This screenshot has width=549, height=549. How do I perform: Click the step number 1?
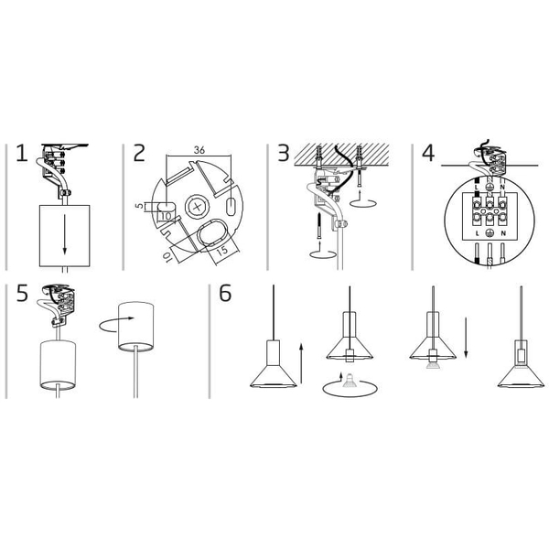pyautogui.click(x=22, y=153)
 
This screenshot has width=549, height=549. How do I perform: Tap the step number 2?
pyautogui.click(x=139, y=153)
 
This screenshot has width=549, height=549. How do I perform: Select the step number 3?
pyautogui.click(x=284, y=153)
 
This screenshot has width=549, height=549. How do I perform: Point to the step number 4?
pyautogui.click(x=428, y=153)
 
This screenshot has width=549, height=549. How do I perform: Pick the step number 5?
pyautogui.click(x=22, y=294)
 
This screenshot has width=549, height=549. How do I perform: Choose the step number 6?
pyautogui.click(x=225, y=294)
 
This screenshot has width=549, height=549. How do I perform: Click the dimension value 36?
pyautogui.click(x=199, y=150)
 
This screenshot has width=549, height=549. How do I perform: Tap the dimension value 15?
pyautogui.click(x=222, y=251)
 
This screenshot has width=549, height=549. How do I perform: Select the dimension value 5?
pyautogui.click(x=140, y=206)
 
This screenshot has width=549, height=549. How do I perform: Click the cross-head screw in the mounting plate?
pyautogui.click(x=198, y=207)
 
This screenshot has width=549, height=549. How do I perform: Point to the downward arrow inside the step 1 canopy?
pyautogui.click(x=64, y=234)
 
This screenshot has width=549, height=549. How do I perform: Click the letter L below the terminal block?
pyautogui.click(x=478, y=233)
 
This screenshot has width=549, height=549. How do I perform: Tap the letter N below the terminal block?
pyautogui.click(x=503, y=233)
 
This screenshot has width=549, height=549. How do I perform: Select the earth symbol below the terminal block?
pyautogui.click(x=490, y=233)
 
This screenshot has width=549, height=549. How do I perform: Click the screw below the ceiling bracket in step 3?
pyautogui.click(x=319, y=225)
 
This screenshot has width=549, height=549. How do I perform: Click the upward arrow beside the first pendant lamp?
pyautogui.click(x=301, y=363)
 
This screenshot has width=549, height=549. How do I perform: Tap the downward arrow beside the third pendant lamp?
pyautogui.click(x=466, y=338)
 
